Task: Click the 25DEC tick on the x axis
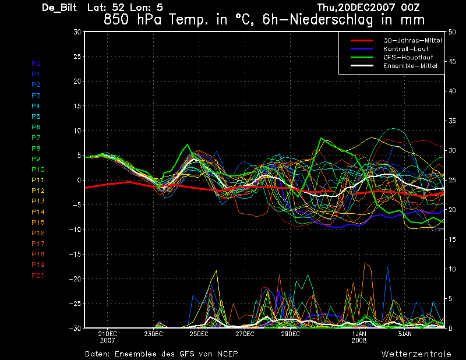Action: pos(199,334)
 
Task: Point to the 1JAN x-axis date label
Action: pos(359,334)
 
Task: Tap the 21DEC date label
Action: pos(107,334)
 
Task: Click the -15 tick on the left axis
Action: pos(75,255)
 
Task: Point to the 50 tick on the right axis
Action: pos(453,32)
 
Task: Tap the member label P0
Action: pos(36,63)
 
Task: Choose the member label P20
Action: pos(37,275)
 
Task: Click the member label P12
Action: pos(37,190)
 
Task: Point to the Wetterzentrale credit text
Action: pos(416,354)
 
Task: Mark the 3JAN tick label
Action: pos(405,334)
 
